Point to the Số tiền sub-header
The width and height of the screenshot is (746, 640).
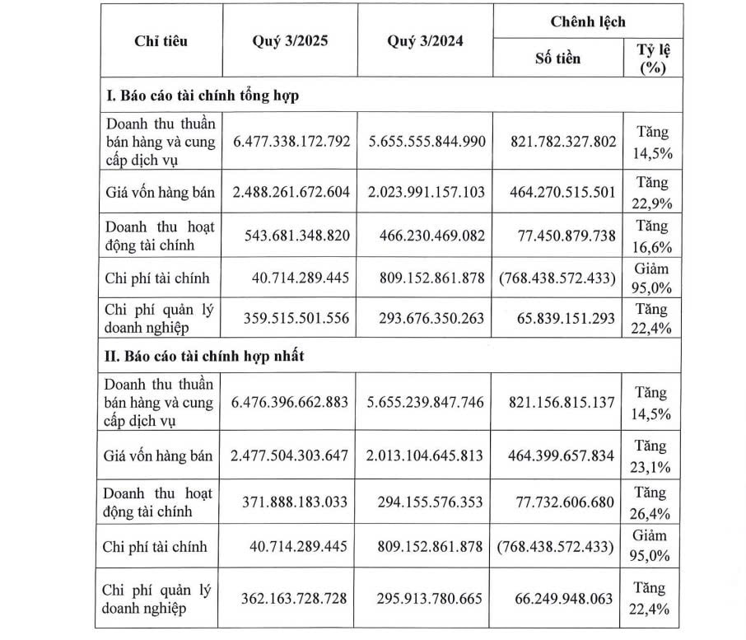[557, 58]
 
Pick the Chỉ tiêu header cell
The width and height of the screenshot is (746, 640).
[161, 42]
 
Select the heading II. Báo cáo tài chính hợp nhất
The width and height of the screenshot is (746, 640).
[201, 356]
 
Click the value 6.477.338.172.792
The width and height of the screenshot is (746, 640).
[291, 142]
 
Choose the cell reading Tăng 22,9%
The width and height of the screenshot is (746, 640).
[652, 193]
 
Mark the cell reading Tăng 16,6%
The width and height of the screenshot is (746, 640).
[652, 236]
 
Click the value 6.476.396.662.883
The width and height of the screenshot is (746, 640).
[291, 403]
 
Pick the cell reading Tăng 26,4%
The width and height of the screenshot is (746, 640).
[652, 502]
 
